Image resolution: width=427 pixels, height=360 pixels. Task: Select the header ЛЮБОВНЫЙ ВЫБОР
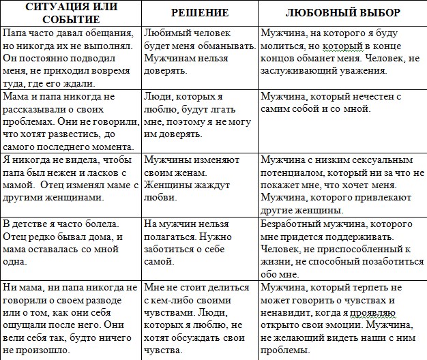click(342, 13)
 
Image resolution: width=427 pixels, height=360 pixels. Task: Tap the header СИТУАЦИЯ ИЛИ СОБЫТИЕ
click(71, 13)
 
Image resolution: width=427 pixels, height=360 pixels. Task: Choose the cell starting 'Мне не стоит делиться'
click(201, 319)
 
